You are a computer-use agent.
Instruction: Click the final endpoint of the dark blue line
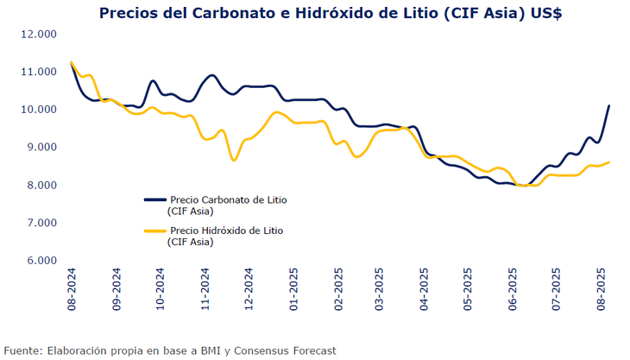tap(609, 106)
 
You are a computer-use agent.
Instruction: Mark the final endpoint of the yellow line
tap(609, 162)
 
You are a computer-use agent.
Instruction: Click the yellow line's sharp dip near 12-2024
tap(234, 160)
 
